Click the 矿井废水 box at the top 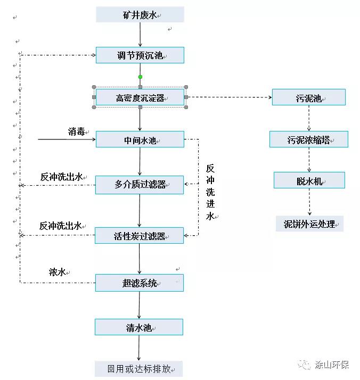click(x=140, y=15)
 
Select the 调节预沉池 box click(x=140, y=55)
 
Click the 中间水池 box click(x=140, y=140)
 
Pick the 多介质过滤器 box click(x=140, y=185)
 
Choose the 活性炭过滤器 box click(x=140, y=236)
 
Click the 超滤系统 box click(x=140, y=283)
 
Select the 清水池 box click(x=140, y=327)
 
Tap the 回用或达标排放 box click(x=140, y=368)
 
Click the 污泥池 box click(x=309, y=97)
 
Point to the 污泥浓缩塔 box click(x=309, y=139)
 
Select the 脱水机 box click(x=309, y=180)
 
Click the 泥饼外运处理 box click(x=309, y=224)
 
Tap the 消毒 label click(x=76, y=131)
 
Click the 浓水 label click(x=57, y=272)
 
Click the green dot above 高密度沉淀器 click(x=140, y=77)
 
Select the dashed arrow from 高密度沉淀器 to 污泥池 click(x=229, y=97)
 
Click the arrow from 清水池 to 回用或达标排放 click(x=140, y=348)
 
